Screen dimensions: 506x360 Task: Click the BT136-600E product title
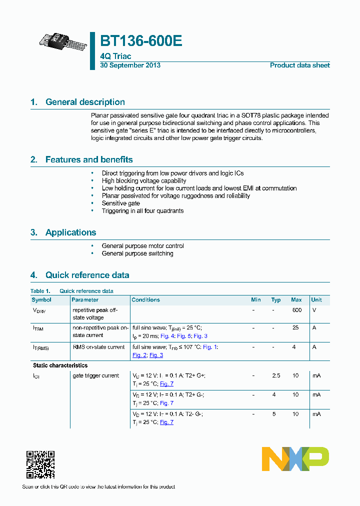141,41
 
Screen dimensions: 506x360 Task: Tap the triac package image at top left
63,40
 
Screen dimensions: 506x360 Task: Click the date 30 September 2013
130,65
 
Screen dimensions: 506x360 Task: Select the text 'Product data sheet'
299,65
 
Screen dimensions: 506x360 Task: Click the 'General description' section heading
85,102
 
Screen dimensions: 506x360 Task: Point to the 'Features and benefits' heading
89,159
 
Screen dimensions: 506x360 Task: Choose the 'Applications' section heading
70,232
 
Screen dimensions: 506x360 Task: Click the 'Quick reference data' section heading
87,275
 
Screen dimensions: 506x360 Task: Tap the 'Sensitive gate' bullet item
121,203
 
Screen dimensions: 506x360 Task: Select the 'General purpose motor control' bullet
142,246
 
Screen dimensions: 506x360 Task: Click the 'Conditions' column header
145,300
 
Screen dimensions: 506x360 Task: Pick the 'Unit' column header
316,300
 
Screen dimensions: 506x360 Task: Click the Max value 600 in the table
296,310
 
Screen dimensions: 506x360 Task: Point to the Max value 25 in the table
295,328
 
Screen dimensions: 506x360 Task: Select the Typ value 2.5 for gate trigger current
276,375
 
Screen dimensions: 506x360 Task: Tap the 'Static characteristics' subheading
60,365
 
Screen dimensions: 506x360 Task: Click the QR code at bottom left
40,464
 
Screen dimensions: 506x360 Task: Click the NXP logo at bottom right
295,459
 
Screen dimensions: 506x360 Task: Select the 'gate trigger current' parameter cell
96,375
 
